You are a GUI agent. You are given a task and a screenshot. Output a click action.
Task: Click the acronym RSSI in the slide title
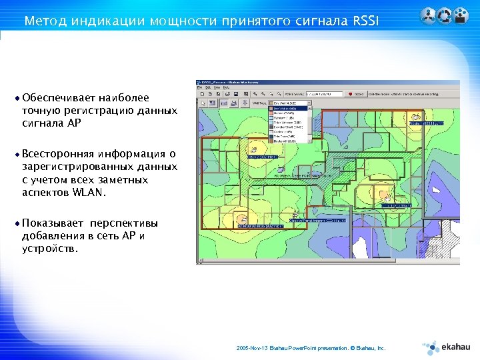pyautogui.click(x=363, y=21)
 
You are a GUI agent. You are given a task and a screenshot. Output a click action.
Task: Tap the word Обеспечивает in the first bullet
pyautogui.click(x=58, y=98)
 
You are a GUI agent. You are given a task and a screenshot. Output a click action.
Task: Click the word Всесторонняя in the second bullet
pyautogui.click(x=58, y=155)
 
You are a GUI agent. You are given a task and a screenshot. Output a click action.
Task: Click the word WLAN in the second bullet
pyautogui.click(x=87, y=193)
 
